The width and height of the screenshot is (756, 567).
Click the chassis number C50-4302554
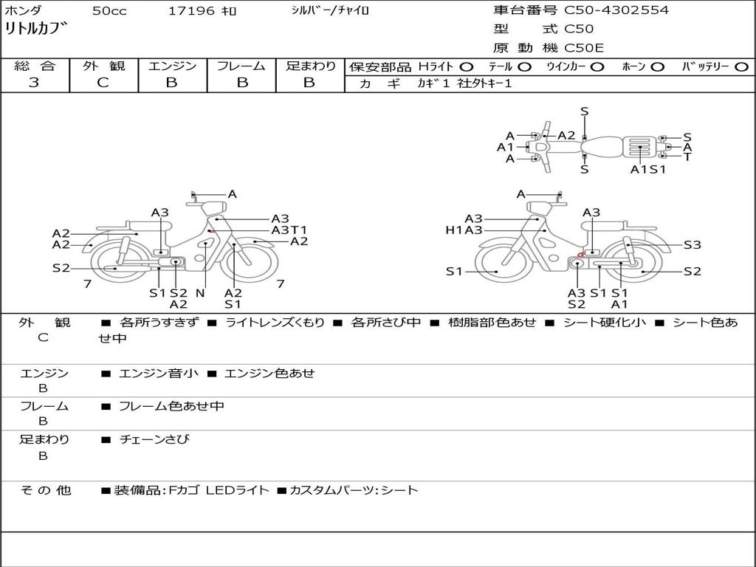click(x=616, y=10)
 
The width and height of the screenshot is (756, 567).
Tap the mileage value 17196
click(x=191, y=11)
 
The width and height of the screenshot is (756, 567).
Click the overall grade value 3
click(x=35, y=83)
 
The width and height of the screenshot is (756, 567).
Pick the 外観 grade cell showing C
click(x=103, y=83)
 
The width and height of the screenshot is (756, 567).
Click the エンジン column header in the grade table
click(x=173, y=66)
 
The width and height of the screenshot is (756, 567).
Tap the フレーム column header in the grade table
click(x=241, y=66)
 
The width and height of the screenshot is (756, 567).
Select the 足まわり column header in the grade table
click(x=311, y=66)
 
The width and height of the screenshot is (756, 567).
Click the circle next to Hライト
click(x=467, y=67)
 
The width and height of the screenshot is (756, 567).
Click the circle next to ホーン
click(x=657, y=67)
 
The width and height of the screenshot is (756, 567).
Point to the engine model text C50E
click(x=584, y=48)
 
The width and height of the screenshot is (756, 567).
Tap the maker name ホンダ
click(x=24, y=11)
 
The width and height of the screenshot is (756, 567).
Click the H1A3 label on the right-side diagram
click(x=464, y=230)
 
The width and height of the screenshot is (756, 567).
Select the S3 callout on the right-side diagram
click(x=692, y=245)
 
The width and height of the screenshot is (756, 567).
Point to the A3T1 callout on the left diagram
click(x=289, y=230)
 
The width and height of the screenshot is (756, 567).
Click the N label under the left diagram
click(x=199, y=292)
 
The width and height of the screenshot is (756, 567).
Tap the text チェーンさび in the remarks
click(x=154, y=439)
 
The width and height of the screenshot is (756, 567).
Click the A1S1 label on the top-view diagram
click(x=648, y=169)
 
